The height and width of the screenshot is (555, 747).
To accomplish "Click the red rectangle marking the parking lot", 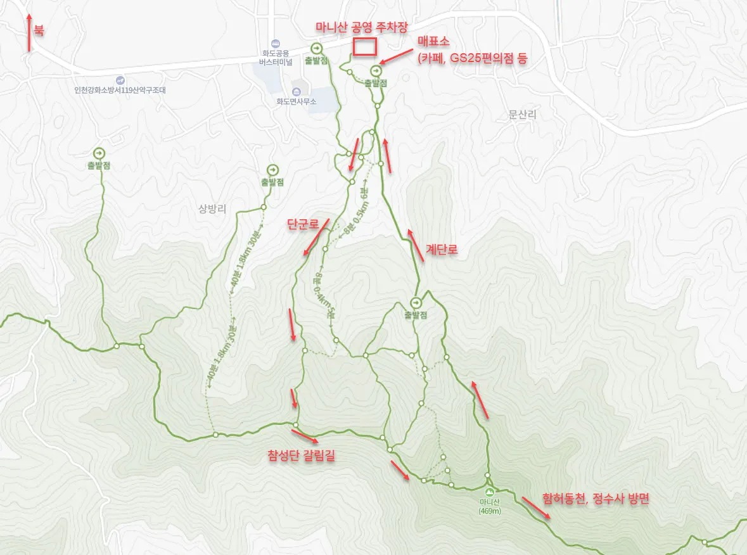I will [x=365, y=47].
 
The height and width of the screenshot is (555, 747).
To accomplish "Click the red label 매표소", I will [x=434, y=42].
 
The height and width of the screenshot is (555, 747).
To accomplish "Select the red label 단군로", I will [x=300, y=224].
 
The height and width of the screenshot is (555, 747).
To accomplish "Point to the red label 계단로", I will [x=442, y=250].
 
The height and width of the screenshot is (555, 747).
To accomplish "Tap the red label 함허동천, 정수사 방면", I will [x=596, y=499].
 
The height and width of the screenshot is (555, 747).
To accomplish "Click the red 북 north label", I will [x=39, y=30].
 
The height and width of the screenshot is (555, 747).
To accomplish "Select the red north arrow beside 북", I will [x=29, y=32].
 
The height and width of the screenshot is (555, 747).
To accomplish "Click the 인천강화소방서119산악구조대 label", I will [x=120, y=90].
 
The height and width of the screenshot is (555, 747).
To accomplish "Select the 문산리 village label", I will [x=522, y=115].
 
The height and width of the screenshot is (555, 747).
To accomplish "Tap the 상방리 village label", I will [x=212, y=210].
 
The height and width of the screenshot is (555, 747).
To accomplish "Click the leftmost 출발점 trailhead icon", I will [x=99, y=153].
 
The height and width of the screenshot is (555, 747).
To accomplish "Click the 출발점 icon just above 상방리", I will [x=272, y=170].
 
